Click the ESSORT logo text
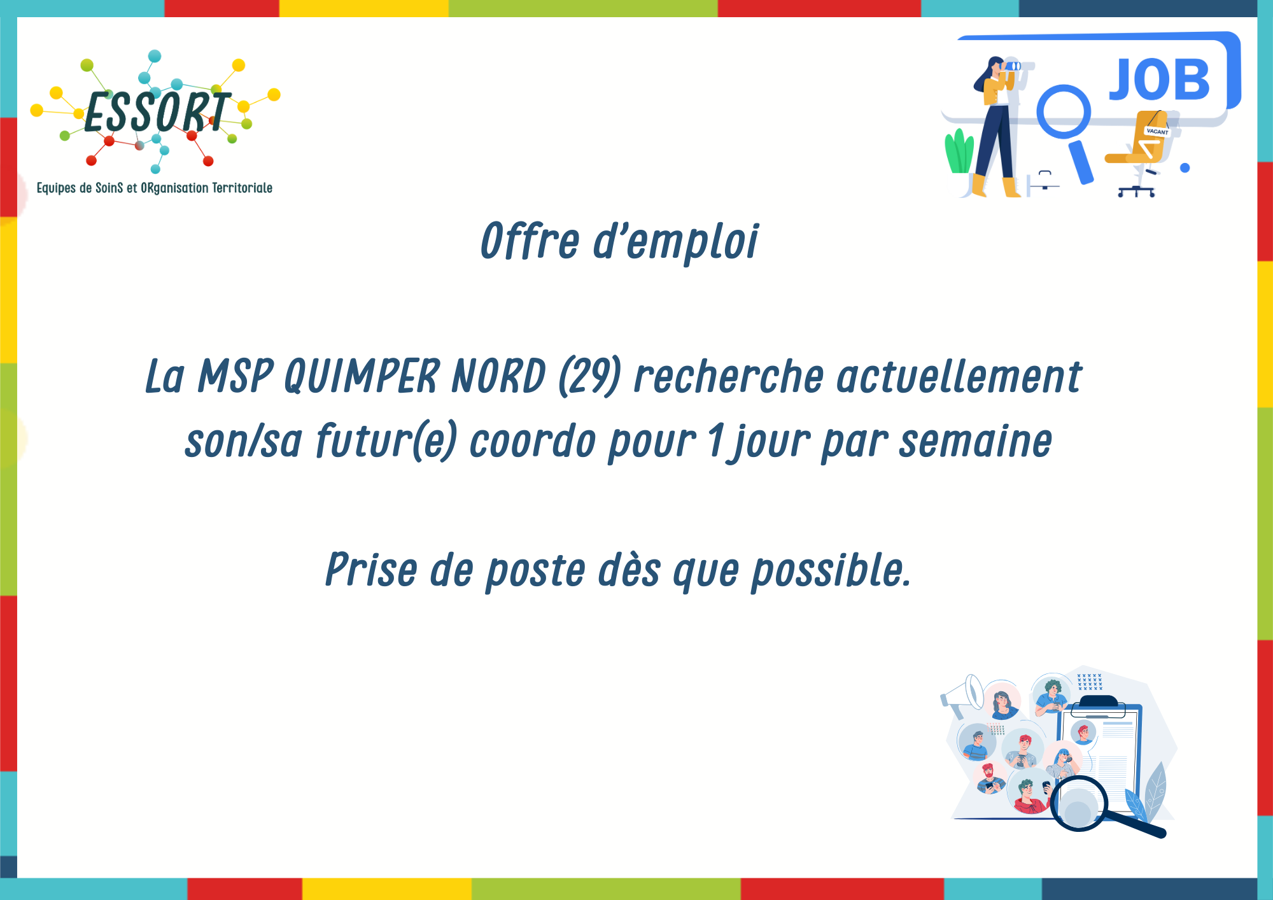tap(157, 113)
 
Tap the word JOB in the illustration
tap(1159, 80)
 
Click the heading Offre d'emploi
tap(619, 241)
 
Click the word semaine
tap(975, 441)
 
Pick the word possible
tap(831, 570)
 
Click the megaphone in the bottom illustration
tap(962, 696)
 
